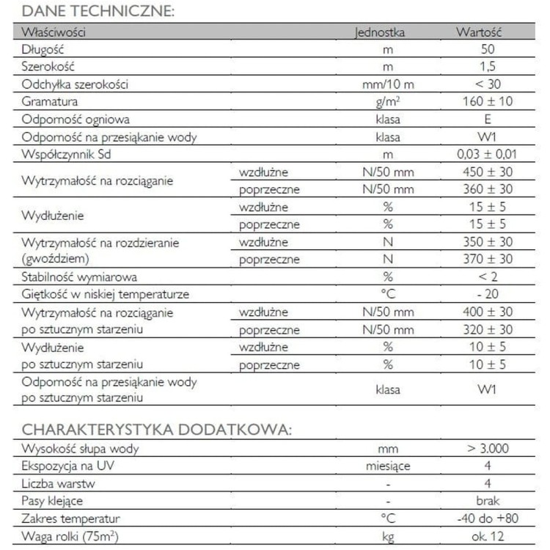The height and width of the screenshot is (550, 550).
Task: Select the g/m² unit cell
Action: (x=388, y=102)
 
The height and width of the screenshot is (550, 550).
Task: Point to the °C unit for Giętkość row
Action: (x=388, y=295)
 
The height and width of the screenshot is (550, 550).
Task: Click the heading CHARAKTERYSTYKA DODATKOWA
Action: (x=156, y=430)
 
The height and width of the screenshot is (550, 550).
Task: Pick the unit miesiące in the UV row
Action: (x=388, y=466)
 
